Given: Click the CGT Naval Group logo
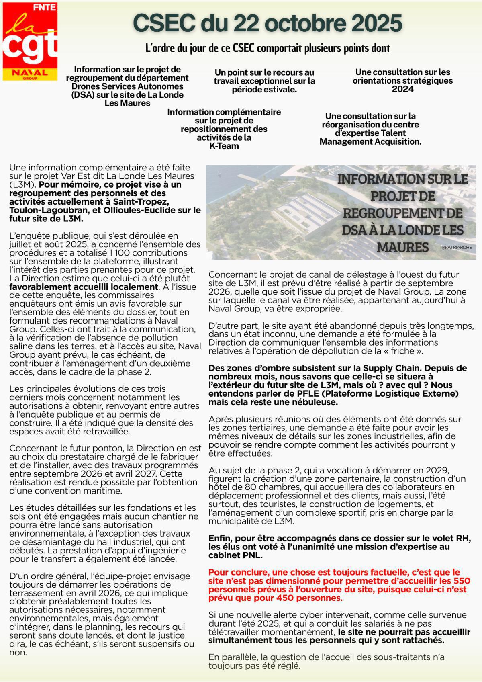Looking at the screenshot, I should pyautogui.click(x=30, y=42).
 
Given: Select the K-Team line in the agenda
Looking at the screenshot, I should pyautogui.click(x=224, y=146).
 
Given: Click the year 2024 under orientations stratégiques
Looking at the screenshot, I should pyautogui.click(x=402, y=89).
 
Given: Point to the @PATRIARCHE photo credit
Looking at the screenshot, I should pyautogui.click(x=456, y=248).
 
